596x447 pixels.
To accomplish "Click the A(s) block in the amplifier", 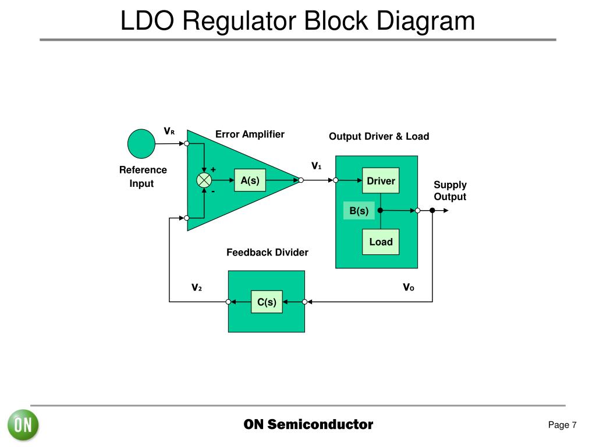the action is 250,180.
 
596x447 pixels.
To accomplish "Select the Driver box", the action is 381,180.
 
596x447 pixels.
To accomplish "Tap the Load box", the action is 381,242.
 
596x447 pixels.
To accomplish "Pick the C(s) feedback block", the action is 267,302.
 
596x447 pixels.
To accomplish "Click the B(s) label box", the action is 359,211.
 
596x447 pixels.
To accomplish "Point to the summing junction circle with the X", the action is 204,180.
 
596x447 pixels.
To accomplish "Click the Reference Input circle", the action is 141,144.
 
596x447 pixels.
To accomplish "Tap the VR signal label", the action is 169,131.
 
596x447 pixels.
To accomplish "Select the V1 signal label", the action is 316,166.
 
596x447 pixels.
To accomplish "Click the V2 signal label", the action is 197,288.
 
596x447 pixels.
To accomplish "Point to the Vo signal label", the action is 409,287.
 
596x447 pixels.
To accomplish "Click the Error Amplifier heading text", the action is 250,134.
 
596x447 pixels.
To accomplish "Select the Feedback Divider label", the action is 267,253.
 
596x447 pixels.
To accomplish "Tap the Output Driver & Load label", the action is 379,136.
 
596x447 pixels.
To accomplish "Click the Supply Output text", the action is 450,191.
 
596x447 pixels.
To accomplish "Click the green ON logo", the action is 23,425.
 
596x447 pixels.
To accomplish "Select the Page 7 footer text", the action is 562,425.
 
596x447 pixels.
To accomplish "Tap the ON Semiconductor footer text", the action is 308,424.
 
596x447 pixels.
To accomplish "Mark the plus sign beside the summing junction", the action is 213,169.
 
